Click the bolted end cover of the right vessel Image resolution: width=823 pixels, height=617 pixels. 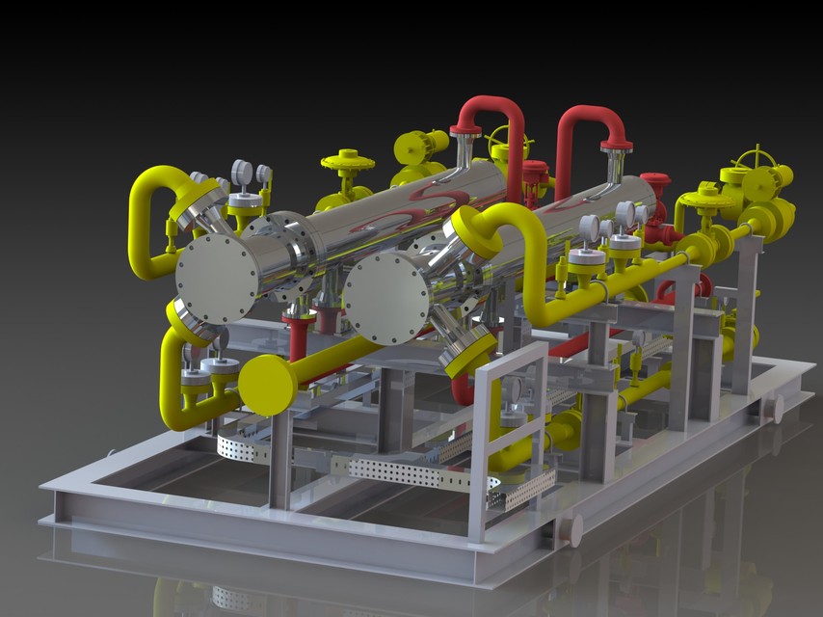pos(386,296)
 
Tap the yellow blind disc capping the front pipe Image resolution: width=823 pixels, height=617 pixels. pos(266,385)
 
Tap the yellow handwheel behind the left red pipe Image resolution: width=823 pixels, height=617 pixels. pos(509,145)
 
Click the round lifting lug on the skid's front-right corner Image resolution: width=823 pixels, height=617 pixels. pos(571,529)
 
